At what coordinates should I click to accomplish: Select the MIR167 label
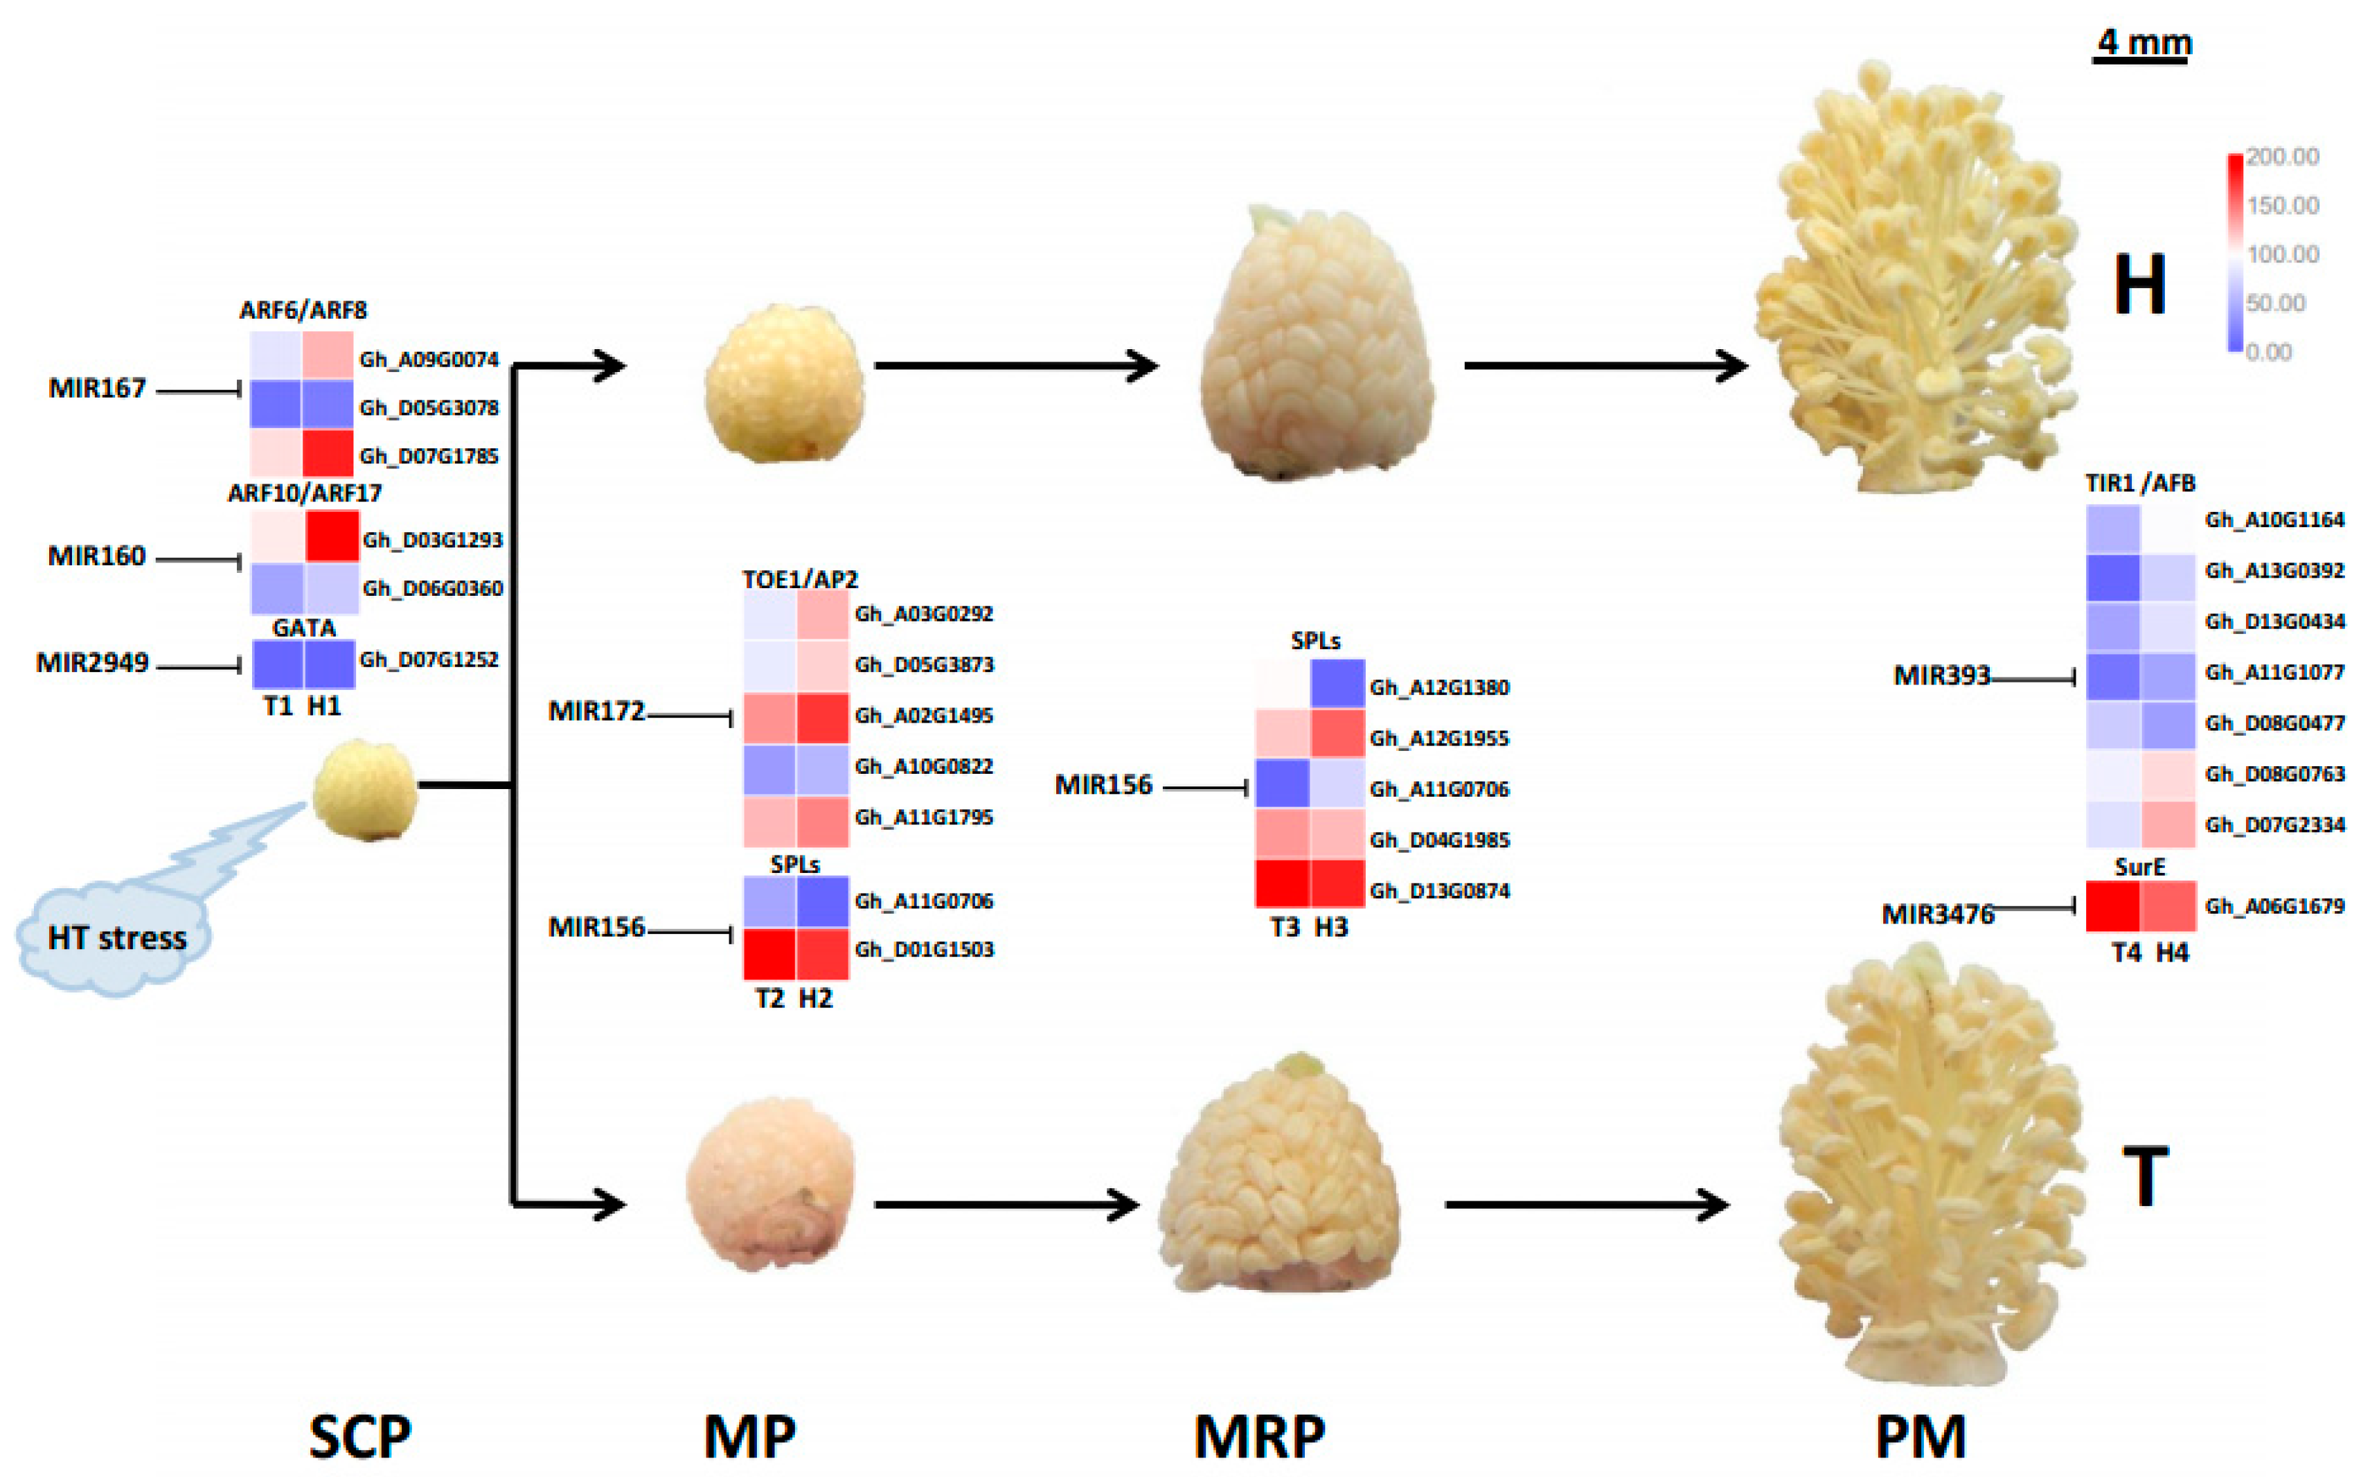coord(98,389)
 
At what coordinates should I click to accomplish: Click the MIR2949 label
coord(92,663)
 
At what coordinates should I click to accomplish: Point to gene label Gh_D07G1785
coord(429,456)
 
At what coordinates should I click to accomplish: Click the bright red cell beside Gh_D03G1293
coord(332,536)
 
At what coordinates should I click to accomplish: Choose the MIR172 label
coord(596,711)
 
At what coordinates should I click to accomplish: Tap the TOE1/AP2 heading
coord(800,579)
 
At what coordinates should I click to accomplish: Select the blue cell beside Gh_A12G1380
coord(1337,684)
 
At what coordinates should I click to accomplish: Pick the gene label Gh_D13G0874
coord(1439,891)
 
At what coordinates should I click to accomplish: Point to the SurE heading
coord(2139,867)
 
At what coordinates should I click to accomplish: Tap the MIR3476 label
coord(1937,914)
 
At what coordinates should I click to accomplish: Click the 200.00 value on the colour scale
coord(2282,157)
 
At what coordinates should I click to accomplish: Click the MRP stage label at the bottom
coord(1258,1436)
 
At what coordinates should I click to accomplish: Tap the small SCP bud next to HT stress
coord(365,789)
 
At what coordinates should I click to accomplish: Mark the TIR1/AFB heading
coord(2139,483)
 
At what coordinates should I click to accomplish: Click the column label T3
coord(1284,927)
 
